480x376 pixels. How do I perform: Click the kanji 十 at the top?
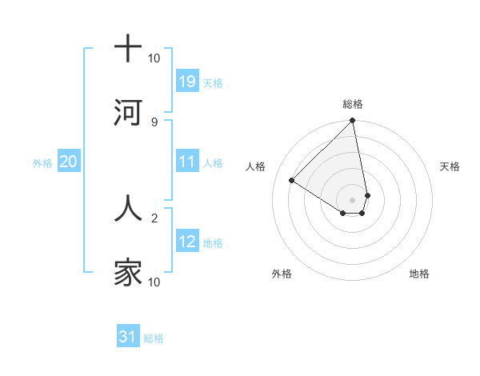click(x=128, y=49)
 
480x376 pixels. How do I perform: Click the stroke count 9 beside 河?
click(x=154, y=122)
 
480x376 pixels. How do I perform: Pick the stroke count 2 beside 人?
click(x=154, y=217)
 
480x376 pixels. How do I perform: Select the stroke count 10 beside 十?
click(x=154, y=58)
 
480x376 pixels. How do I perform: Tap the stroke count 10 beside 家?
click(x=154, y=282)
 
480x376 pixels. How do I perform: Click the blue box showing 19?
click(x=187, y=82)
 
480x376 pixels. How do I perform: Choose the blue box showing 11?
click(x=187, y=162)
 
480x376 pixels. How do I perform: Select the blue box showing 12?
click(x=187, y=242)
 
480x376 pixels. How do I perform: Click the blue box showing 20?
click(x=68, y=162)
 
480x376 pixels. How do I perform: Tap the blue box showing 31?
click(x=128, y=337)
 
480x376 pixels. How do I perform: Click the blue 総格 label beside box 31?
click(x=154, y=338)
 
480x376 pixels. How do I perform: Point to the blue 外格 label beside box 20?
click(x=42, y=163)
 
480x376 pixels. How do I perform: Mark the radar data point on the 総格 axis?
click(x=352, y=122)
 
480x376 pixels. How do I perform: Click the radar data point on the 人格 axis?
click(x=292, y=181)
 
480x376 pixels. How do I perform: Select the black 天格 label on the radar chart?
click(x=450, y=166)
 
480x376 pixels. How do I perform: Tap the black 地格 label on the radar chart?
click(x=419, y=274)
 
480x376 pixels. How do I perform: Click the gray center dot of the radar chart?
click(x=352, y=199)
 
